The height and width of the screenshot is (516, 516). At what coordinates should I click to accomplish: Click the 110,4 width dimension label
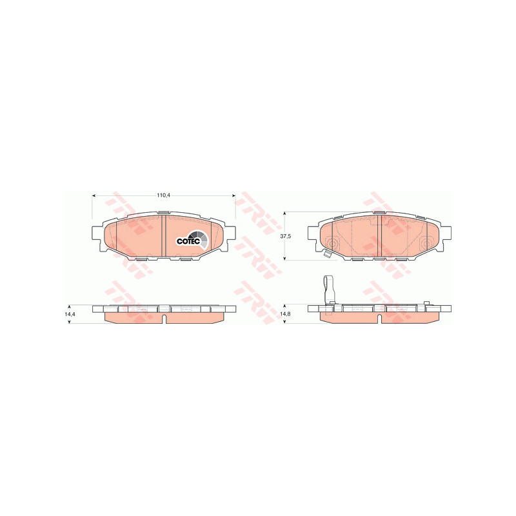[x=163, y=195]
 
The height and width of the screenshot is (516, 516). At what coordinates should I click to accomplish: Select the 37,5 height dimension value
[x=285, y=236]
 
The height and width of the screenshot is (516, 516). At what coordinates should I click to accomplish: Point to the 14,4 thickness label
[x=70, y=314]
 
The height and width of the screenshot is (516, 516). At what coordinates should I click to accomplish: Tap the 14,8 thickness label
[x=285, y=314]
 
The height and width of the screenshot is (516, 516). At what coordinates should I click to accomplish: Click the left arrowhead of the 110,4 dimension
[x=94, y=195]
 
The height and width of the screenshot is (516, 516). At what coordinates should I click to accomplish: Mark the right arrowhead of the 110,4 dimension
[x=234, y=195]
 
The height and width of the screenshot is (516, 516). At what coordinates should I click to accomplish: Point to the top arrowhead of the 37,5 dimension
[x=285, y=213]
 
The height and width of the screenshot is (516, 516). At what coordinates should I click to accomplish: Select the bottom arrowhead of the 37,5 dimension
[x=285, y=258]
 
